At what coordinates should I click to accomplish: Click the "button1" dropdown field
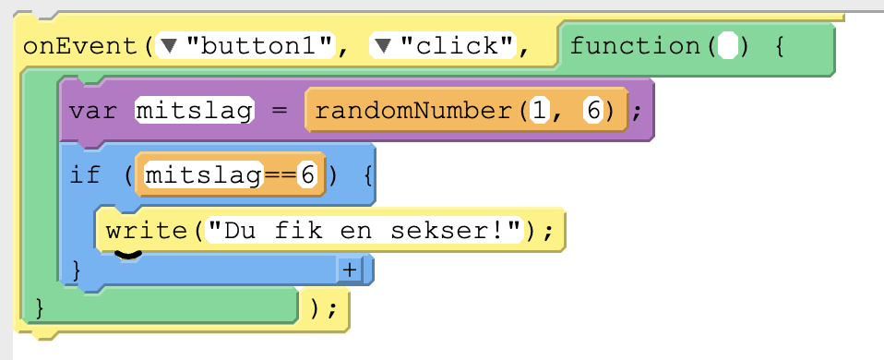[246, 46]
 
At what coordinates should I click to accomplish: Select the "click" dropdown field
[443, 46]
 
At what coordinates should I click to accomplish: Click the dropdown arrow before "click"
[384, 46]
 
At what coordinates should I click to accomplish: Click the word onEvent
[81, 46]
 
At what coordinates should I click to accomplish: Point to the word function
[635, 46]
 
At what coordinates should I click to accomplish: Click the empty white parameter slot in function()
[728, 46]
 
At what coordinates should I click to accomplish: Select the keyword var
[93, 111]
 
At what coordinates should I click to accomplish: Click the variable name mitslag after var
[195, 111]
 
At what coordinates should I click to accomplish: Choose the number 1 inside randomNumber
[540, 111]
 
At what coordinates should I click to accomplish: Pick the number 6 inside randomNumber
[593, 111]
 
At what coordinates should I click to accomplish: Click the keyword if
[85, 175]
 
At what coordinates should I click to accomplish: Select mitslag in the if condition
[204, 175]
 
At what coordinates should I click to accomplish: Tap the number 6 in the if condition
[307, 175]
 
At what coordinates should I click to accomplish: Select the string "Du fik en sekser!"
[364, 230]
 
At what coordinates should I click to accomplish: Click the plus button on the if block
[350, 270]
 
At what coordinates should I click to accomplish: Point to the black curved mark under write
[127, 255]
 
